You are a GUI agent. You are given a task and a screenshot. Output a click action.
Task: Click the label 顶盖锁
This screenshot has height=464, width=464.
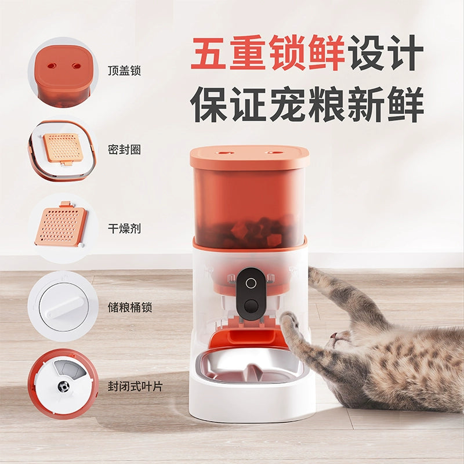[124, 71]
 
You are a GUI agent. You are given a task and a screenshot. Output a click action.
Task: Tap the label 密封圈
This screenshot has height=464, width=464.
[124, 150]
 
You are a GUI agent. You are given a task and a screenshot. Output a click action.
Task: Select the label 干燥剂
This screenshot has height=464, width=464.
[124, 229]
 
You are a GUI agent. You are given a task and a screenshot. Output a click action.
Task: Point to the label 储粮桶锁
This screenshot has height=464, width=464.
[130, 307]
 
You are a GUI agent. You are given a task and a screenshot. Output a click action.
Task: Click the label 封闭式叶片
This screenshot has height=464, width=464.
[135, 386]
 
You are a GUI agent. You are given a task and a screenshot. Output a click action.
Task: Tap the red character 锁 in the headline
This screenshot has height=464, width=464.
[287, 52]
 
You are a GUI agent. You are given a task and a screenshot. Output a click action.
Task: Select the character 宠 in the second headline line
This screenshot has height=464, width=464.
[287, 104]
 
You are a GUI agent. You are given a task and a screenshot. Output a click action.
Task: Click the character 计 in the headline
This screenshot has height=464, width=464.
[405, 52]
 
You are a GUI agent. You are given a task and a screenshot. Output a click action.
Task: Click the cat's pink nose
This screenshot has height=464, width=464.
[333, 336]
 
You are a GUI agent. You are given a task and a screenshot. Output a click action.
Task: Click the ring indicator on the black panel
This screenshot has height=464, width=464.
[251, 283]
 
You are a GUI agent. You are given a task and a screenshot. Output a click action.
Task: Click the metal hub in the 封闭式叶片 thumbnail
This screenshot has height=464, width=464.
[63, 386]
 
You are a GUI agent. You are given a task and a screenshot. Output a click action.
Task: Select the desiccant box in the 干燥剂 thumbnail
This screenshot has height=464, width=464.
[61, 226]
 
